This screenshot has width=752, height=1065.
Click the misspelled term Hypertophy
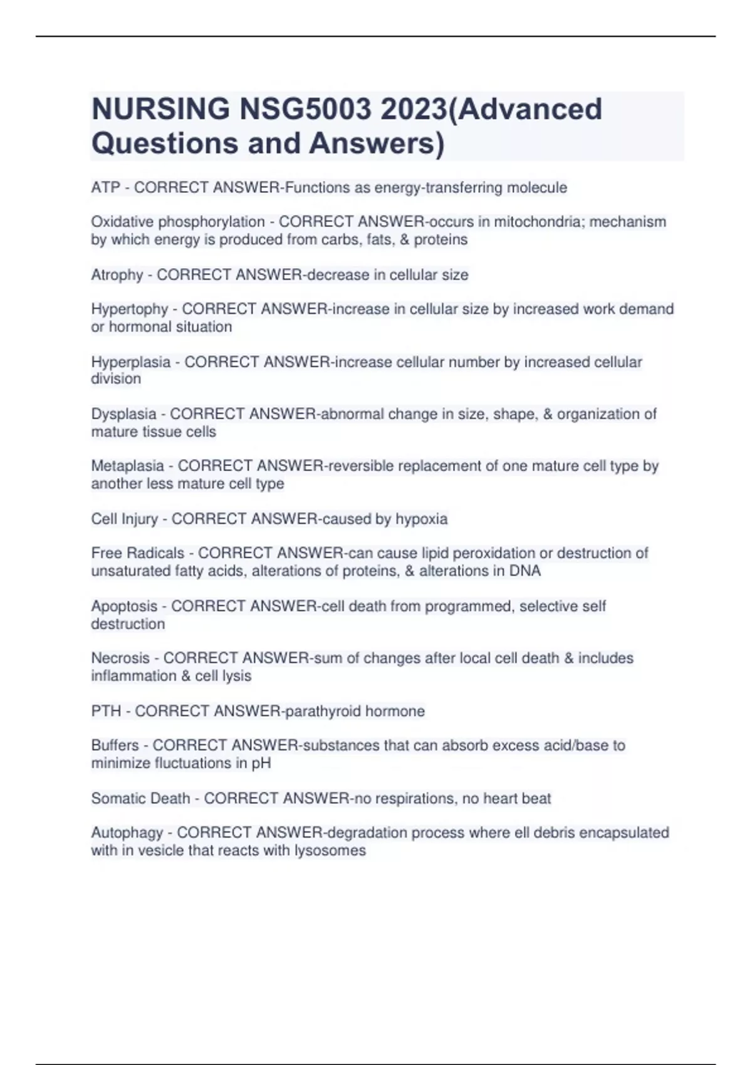tap(130, 309)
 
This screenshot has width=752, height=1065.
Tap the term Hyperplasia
tap(131, 362)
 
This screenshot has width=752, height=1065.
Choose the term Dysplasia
tap(124, 414)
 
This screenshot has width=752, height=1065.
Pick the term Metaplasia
tap(128, 466)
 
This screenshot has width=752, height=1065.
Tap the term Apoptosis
tap(124, 606)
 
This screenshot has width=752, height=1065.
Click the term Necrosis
tap(120, 658)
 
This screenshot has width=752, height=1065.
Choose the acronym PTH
tap(106, 711)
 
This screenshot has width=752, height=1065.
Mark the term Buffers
tap(115, 745)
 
